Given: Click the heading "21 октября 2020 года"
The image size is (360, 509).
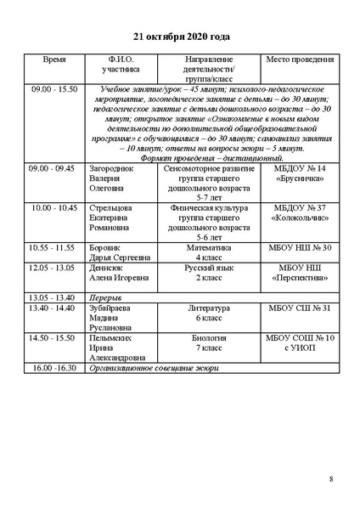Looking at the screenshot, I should point(181,37).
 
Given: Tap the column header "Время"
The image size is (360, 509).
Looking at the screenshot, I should point(53,63).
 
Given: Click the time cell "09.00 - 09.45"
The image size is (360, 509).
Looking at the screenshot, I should point(53,169).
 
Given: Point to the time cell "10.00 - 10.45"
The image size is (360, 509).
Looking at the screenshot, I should point(53,207).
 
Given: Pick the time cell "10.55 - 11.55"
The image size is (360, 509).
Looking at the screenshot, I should point(53,246).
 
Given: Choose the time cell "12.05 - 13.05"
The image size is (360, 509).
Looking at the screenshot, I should point(53,267).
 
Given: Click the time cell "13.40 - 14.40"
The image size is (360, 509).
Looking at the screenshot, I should point(53,308).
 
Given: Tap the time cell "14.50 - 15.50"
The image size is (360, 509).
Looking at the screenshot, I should point(53,338).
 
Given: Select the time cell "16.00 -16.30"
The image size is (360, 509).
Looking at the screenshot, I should point(53,369).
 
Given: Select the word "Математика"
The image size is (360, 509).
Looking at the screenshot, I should point(203,246).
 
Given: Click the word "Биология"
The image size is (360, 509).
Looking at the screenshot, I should point(203,338).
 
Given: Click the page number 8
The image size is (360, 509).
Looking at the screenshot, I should point(331,479).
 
